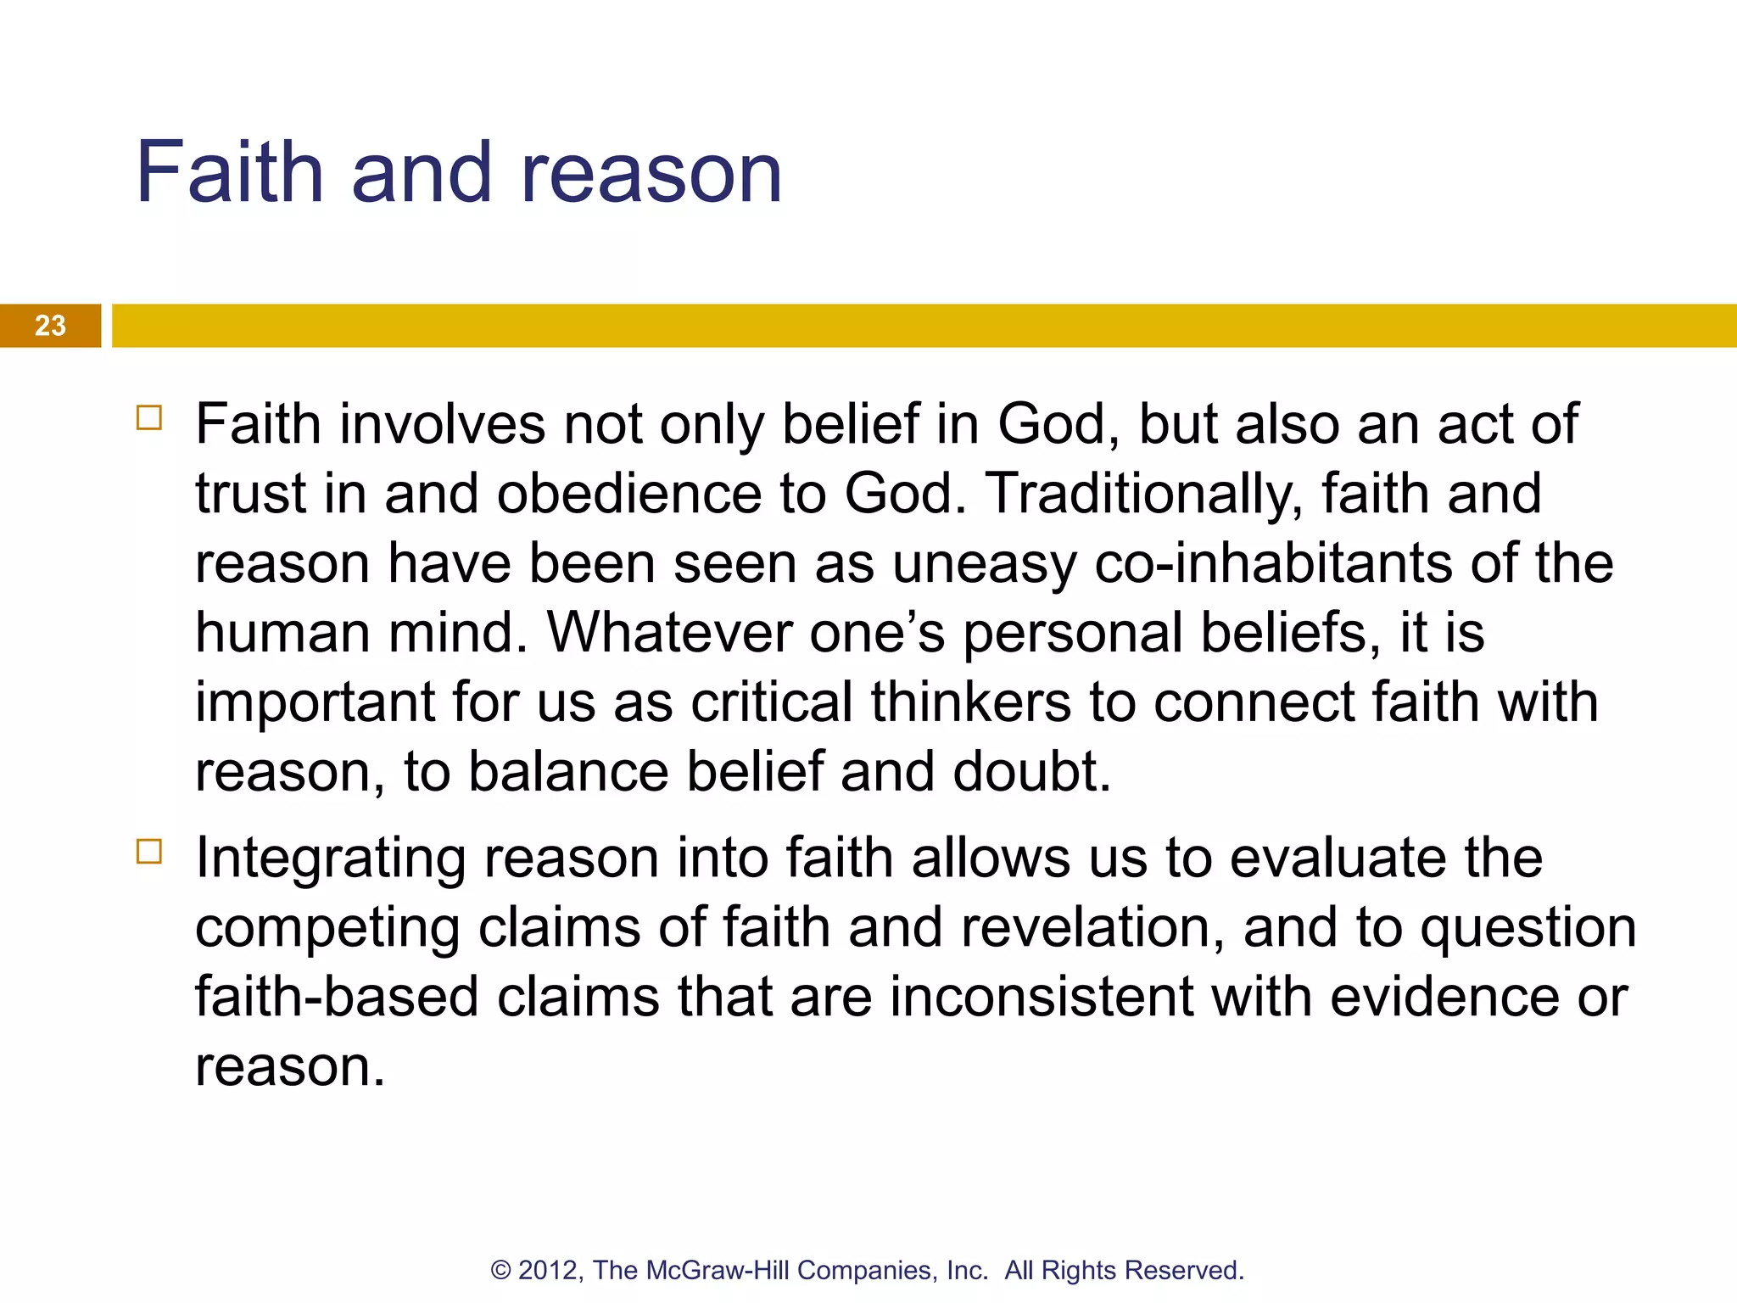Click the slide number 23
click(50, 326)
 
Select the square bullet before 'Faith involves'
click(148, 417)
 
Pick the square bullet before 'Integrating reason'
click(148, 851)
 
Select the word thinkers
click(970, 702)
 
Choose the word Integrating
click(330, 858)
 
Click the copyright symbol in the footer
click(500, 1270)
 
